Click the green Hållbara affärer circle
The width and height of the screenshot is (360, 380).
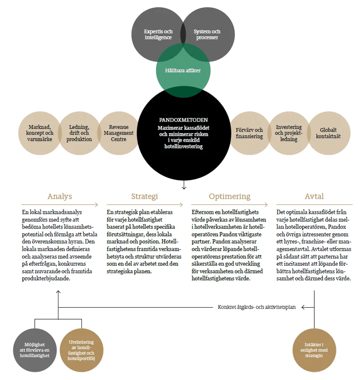pyautogui.click(x=183, y=70)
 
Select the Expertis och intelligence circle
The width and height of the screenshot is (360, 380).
pyautogui.click(x=159, y=34)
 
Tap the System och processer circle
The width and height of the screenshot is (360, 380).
pyautogui.click(x=207, y=34)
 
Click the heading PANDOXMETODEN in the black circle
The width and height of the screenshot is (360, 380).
pyautogui.click(x=184, y=120)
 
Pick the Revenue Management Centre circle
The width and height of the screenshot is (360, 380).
pyautogui.click(x=118, y=133)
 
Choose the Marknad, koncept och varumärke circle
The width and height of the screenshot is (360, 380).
pyautogui.click(x=40, y=133)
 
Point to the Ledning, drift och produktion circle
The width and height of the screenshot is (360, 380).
pyautogui.click(x=79, y=133)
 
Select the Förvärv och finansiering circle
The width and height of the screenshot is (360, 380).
pyautogui.click(x=249, y=133)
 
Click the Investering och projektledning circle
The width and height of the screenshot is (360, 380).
pyautogui.click(x=289, y=133)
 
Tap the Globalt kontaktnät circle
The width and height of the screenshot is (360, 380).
pyautogui.click(x=328, y=133)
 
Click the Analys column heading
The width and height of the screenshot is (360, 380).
pyautogui.click(x=60, y=196)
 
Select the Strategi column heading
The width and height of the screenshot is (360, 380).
pyautogui.click(x=144, y=196)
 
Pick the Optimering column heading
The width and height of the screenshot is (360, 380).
pyautogui.click(x=230, y=196)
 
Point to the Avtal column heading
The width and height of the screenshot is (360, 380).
pyautogui.click(x=314, y=196)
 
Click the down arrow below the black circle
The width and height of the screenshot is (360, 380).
pyautogui.click(x=184, y=185)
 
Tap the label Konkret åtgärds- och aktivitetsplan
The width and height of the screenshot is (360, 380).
pyautogui.click(x=257, y=307)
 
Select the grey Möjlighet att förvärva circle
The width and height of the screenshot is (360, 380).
pyautogui.click(x=34, y=350)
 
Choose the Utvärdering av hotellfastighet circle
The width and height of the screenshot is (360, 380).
pyautogui.click(x=81, y=350)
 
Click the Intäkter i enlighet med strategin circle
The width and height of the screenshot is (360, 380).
pyautogui.click(x=314, y=350)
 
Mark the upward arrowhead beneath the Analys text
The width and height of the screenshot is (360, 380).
pyautogui.click(x=58, y=292)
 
